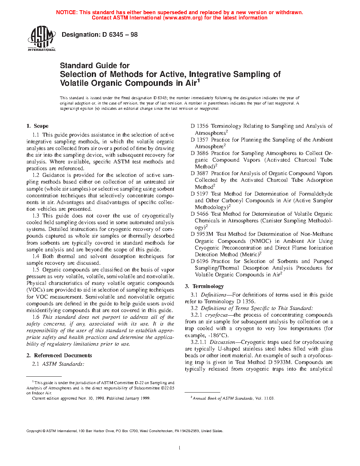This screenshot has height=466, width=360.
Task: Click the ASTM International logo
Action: point(41,38)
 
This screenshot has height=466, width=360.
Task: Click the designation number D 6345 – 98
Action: point(120,35)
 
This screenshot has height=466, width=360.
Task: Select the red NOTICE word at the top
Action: point(67,12)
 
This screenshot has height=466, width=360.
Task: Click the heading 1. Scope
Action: point(37,126)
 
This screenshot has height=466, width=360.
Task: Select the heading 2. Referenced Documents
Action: point(59,356)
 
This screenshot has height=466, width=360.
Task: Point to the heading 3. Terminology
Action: point(204,286)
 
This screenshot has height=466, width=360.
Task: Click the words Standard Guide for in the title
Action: point(95,66)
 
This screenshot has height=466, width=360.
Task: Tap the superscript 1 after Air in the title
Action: point(198,81)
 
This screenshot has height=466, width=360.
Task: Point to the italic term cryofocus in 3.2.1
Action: point(216,315)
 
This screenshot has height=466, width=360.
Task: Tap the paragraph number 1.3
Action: point(36,216)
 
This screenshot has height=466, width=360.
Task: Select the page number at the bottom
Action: point(180,448)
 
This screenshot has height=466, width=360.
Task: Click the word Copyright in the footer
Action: point(34,431)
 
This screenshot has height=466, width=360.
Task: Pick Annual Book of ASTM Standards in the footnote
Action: point(222,398)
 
